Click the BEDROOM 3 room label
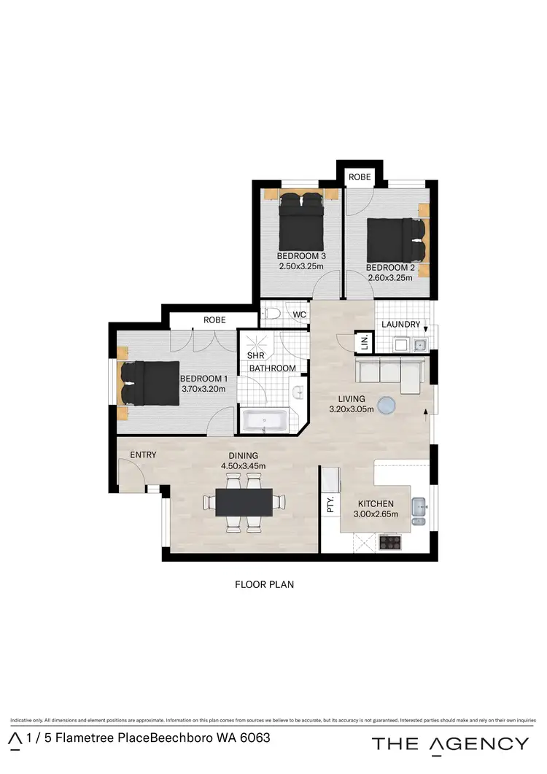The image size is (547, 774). click(x=301, y=256)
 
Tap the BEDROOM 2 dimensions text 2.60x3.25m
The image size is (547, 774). click(x=390, y=278)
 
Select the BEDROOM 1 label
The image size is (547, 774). click(x=204, y=379)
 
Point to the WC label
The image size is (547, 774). click(x=299, y=315)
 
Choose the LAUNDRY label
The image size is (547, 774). click(x=400, y=324)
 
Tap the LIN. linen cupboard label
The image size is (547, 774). click(x=363, y=341)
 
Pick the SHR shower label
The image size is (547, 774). click(x=255, y=355)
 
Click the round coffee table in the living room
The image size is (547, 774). click(x=387, y=403)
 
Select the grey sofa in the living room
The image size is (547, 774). click(x=389, y=373)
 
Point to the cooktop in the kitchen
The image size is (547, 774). click(x=390, y=542)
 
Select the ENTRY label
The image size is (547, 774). click(x=143, y=455)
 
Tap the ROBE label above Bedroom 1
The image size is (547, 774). click(x=215, y=320)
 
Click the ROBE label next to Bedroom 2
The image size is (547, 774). click(x=360, y=177)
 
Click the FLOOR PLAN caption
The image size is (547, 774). click(x=264, y=584)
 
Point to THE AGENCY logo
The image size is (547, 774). click(x=450, y=743)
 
